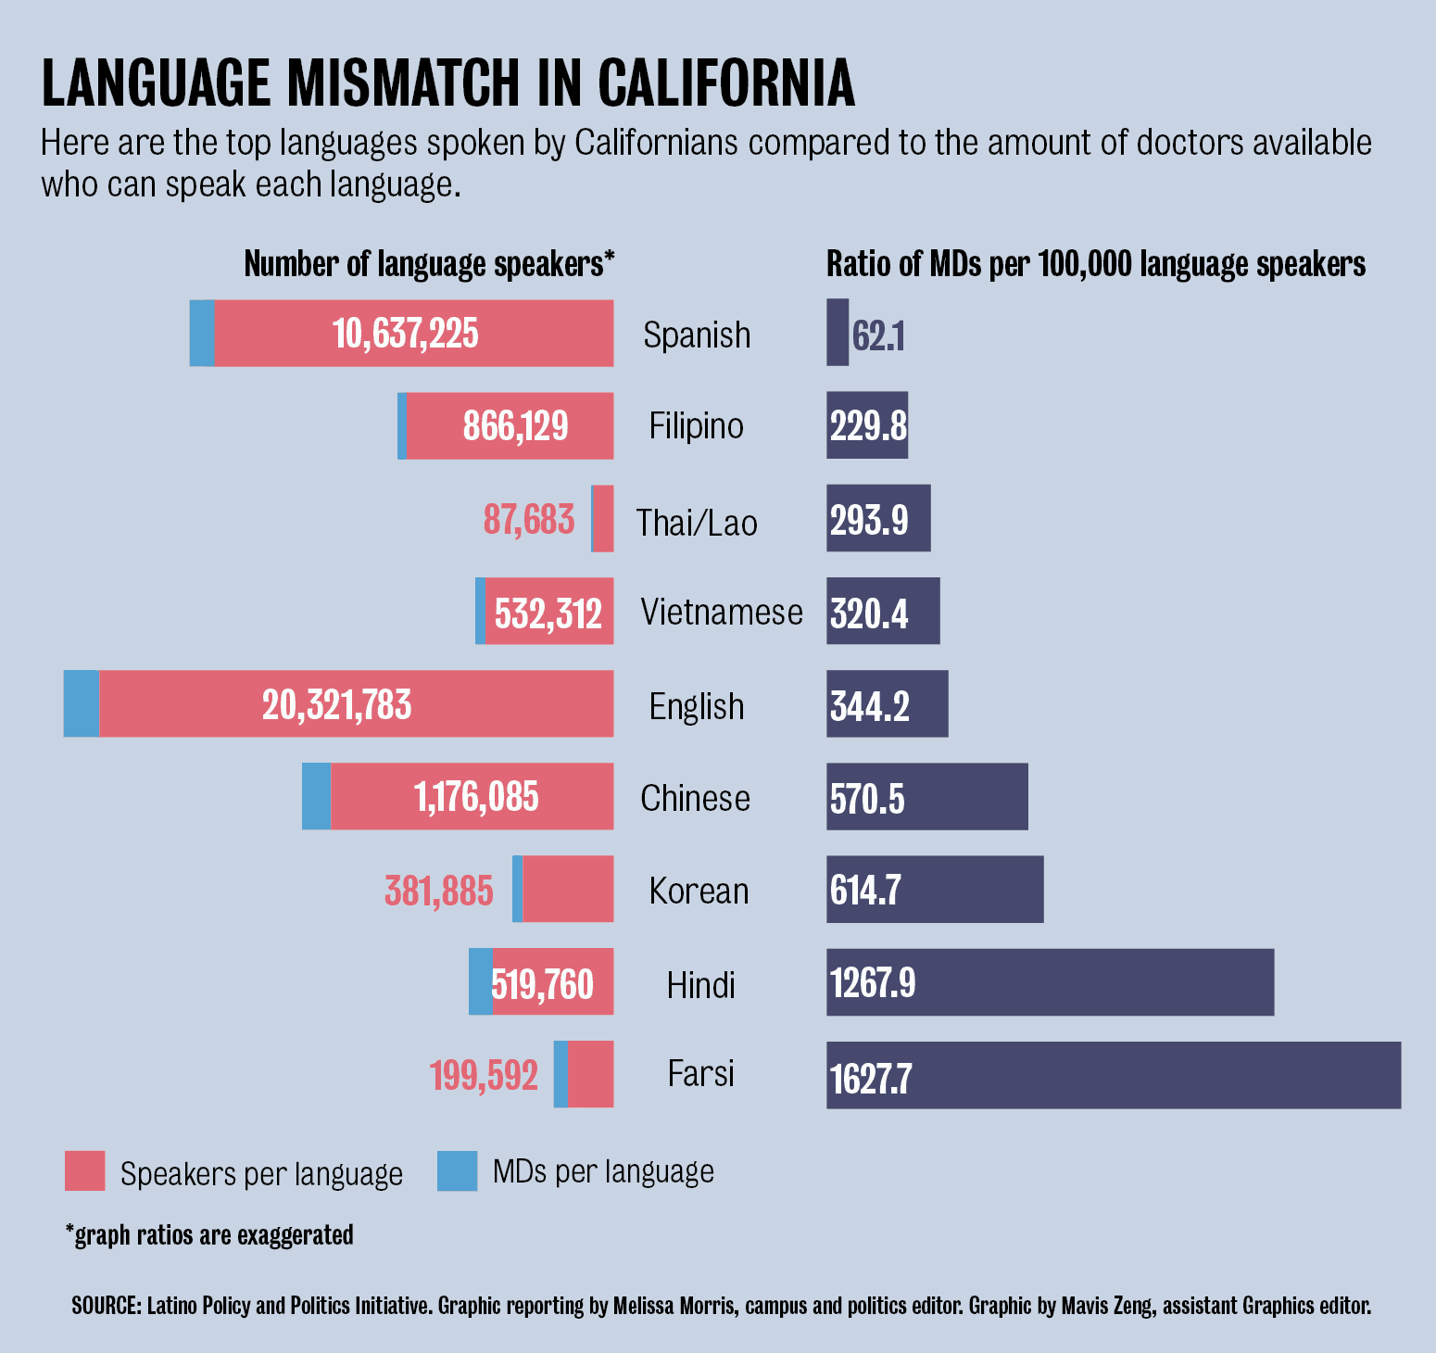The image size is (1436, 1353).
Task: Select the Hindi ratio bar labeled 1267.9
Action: (x=1050, y=982)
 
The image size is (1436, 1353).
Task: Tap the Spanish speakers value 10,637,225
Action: (x=406, y=334)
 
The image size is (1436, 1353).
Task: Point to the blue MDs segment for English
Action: (x=82, y=704)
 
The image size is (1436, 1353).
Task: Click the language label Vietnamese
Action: (x=722, y=613)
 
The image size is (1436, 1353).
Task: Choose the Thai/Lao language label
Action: (x=697, y=523)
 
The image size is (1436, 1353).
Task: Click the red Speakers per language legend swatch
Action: (x=84, y=1170)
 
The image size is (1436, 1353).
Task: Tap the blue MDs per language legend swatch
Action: (x=458, y=1170)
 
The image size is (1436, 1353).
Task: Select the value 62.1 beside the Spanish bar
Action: (x=878, y=335)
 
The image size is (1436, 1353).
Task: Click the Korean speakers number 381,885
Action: (x=439, y=891)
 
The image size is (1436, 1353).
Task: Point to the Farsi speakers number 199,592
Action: (x=484, y=1076)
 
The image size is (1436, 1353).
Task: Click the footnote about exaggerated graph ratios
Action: (x=209, y=1235)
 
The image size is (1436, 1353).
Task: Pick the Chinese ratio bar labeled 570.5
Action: (x=927, y=797)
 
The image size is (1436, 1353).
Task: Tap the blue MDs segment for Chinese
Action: (x=317, y=797)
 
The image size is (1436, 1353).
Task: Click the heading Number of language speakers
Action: (x=429, y=264)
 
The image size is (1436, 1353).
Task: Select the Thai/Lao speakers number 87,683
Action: (x=529, y=520)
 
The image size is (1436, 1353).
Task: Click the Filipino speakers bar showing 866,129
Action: (x=510, y=426)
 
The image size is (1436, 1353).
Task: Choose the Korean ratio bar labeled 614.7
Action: (x=935, y=890)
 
